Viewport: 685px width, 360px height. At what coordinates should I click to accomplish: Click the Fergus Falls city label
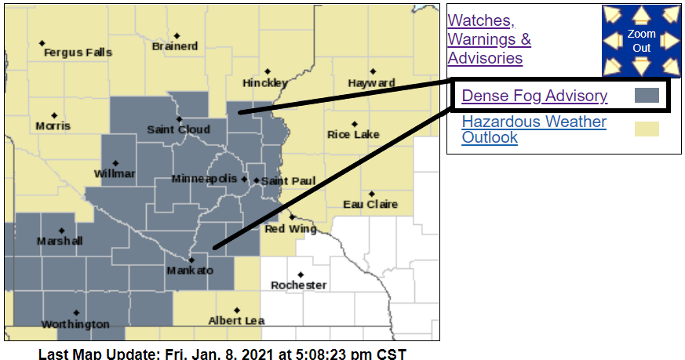click(78, 53)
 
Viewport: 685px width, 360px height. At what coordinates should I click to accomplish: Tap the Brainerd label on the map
click(175, 46)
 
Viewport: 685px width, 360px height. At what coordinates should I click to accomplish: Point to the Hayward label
click(372, 82)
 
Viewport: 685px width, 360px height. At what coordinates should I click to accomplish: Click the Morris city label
click(53, 125)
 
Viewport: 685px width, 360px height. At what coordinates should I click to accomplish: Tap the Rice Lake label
click(353, 134)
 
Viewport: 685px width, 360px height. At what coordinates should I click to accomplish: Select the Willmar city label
click(115, 173)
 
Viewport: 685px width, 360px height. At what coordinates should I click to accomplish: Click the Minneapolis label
click(204, 179)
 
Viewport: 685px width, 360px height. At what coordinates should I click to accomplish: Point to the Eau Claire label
click(370, 204)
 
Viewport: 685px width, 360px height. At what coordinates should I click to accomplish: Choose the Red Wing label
click(290, 229)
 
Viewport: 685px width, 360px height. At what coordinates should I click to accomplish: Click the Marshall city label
click(60, 241)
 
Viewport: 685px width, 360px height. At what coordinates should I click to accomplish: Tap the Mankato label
click(189, 271)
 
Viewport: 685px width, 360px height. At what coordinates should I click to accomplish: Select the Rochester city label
click(298, 285)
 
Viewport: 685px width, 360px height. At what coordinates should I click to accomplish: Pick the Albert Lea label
click(236, 320)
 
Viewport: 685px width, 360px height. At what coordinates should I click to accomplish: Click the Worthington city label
click(75, 324)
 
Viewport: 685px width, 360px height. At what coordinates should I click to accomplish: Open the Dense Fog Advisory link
click(534, 96)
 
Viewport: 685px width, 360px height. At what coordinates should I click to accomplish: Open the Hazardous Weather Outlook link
click(534, 129)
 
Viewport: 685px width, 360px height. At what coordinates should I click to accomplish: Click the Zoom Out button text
click(641, 41)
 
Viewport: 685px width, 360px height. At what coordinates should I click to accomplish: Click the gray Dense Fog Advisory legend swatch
click(647, 96)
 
